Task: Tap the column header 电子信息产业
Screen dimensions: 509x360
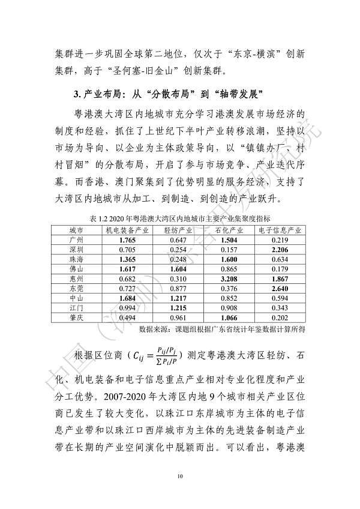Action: (280, 230)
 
